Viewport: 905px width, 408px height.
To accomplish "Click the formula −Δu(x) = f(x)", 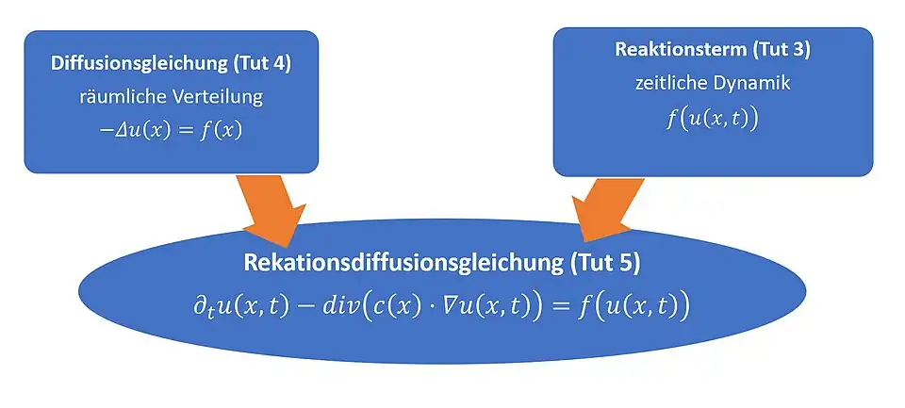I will [x=171, y=130].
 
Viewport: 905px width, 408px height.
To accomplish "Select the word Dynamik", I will [x=749, y=82].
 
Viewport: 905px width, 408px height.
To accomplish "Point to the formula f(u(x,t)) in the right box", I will [x=712, y=119].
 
